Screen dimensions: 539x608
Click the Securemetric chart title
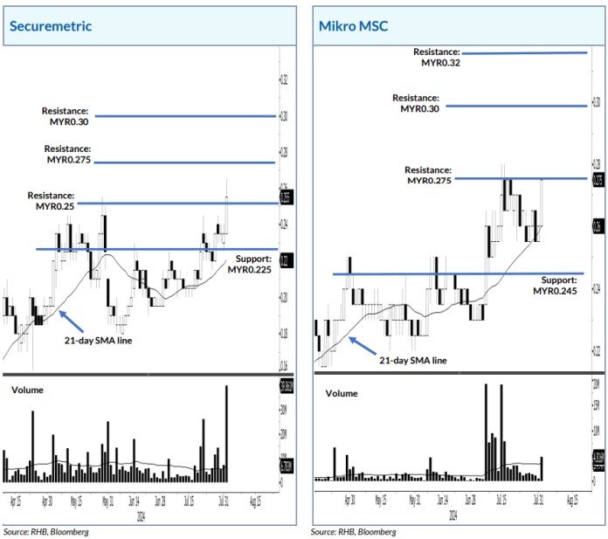click(x=50, y=25)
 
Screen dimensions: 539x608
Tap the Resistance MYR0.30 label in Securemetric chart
click(x=66, y=116)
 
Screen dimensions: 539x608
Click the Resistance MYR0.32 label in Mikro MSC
click(x=436, y=58)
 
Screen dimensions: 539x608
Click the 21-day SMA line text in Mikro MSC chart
click(x=411, y=359)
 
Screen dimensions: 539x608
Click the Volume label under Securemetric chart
click(x=27, y=390)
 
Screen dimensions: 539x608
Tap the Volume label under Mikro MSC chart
click(x=342, y=393)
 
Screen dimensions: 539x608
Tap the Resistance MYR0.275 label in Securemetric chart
click(x=68, y=155)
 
